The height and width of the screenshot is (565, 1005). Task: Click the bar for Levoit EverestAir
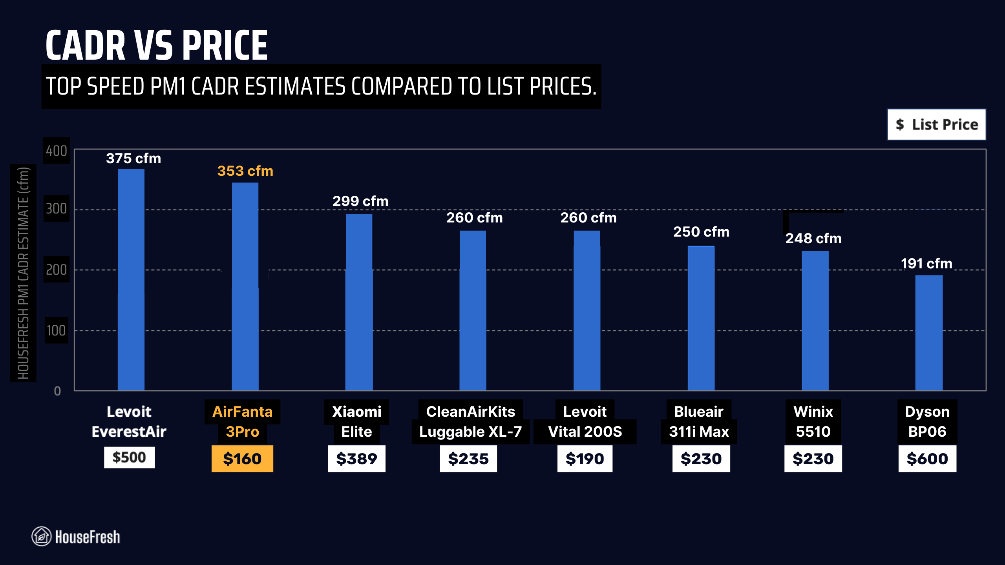point(131,279)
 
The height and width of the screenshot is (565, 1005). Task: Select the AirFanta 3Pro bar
point(245,286)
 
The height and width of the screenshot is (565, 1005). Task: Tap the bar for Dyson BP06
point(929,333)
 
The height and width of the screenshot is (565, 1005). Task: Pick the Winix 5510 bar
point(815,320)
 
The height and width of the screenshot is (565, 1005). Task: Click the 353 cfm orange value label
point(245,171)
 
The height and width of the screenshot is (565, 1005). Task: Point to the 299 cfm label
point(360,201)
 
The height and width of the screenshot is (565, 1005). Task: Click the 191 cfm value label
point(926,264)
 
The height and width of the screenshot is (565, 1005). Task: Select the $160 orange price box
point(242,459)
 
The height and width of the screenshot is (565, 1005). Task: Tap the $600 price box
point(927,459)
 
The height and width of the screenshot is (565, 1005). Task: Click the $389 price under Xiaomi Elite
point(356,459)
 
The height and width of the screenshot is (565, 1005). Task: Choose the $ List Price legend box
point(936,125)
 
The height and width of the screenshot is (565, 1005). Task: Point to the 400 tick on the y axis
point(57,151)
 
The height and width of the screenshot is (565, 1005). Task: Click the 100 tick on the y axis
point(57,330)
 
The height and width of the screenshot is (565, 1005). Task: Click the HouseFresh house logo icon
point(41,536)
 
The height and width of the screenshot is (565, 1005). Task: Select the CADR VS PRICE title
point(156,46)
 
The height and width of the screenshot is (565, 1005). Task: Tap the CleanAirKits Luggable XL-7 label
point(470,422)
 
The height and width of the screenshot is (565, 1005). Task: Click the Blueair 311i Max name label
point(699,422)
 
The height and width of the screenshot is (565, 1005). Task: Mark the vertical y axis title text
point(23,273)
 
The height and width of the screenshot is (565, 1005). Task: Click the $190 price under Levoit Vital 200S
point(585,459)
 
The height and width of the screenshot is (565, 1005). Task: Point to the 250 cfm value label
point(701,232)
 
